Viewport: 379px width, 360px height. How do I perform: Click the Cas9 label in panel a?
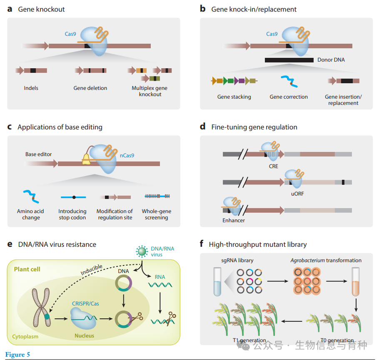(x=70, y=34)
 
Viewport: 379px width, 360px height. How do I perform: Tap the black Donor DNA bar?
(x=289, y=60)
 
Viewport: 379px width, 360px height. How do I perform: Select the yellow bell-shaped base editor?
(x=86, y=160)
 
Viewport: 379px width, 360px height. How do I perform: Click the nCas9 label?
(x=127, y=155)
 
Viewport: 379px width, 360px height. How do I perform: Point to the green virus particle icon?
(x=142, y=251)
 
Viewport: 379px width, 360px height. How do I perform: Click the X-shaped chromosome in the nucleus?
(x=41, y=307)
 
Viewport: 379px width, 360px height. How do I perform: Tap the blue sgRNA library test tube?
(x=217, y=282)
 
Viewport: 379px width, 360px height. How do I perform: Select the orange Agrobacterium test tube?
(x=355, y=282)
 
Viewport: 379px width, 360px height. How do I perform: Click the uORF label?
(x=297, y=194)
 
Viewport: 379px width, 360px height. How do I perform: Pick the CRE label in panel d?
(x=273, y=166)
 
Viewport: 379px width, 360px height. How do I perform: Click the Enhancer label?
(x=234, y=220)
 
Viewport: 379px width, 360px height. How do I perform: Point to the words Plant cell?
(x=27, y=269)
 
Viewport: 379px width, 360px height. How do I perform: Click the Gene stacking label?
(x=234, y=97)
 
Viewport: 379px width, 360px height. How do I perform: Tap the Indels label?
(x=31, y=88)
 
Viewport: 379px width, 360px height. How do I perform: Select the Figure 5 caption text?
(x=17, y=355)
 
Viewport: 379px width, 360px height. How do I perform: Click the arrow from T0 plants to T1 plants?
(x=292, y=321)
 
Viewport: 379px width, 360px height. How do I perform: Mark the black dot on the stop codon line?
(x=74, y=197)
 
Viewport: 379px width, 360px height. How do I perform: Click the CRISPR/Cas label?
(x=85, y=304)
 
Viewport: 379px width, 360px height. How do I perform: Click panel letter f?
(x=202, y=243)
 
